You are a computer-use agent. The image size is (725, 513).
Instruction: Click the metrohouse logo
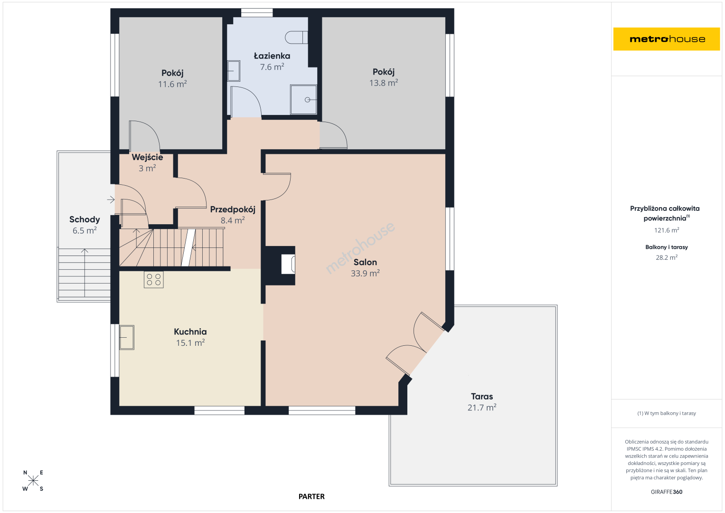point(666,39)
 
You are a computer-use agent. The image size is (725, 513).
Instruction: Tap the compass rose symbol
point(33,480)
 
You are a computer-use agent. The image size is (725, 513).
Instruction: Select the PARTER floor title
point(311,496)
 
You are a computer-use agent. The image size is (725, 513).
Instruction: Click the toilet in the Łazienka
point(296,37)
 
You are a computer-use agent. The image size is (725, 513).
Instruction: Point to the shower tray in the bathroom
point(303,99)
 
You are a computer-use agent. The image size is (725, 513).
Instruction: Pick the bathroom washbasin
point(234,71)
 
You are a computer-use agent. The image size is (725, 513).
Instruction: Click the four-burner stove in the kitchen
point(154,280)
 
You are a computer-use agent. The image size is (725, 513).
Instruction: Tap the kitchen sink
point(127,337)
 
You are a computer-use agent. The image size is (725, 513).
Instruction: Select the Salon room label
point(365,262)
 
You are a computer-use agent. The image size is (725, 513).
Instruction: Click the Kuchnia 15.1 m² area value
point(190,342)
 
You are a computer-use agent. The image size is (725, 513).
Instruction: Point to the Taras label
point(482,397)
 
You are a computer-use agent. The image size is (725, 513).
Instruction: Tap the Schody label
point(85,219)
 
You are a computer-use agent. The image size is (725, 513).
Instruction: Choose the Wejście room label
point(147,157)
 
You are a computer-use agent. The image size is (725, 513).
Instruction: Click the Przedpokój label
point(233,209)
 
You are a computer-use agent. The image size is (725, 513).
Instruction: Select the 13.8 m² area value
point(384,83)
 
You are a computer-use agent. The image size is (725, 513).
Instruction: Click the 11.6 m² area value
point(172,84)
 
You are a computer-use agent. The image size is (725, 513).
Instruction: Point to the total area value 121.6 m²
point(667,230)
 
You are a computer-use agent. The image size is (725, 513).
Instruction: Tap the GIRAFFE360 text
point(667,492)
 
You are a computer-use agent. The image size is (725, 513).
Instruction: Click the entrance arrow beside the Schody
point(111,200)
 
